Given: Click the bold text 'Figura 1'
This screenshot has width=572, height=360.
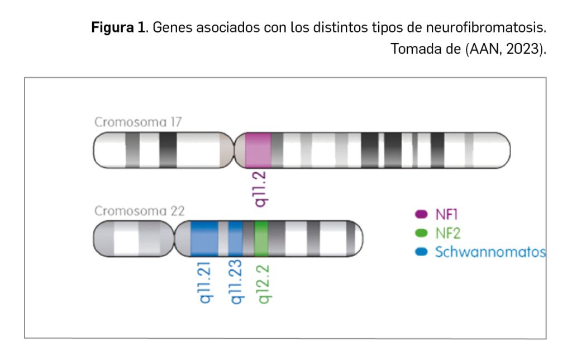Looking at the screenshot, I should pyautogui.click(x=118, y=29).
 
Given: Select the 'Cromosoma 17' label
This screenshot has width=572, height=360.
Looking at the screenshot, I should pyautogui.click(x=138, y=122).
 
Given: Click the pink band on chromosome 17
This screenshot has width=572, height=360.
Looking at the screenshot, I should pyautogui.click(x=258, y=150).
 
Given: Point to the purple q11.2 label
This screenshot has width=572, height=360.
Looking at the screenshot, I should pyautogui.click(x=260, y=189).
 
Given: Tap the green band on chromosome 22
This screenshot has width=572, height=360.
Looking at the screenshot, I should pyautogui.click(x=261, y=239).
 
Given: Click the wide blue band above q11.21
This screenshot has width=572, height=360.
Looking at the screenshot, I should pyautogui.click(x=204, y=239).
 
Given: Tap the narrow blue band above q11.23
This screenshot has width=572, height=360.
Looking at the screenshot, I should pyautogui.click(x=235, y=239).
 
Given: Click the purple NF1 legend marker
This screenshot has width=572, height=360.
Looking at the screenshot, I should pyautogui.click(x=421, y=214).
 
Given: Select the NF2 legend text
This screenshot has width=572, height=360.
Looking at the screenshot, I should pyautogui.click(x=449, y=233).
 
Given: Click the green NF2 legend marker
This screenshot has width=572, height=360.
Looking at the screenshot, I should pyautogui.click(x=421, y=233).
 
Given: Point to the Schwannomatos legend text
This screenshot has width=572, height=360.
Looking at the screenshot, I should pyautogui.click(x=490, y=252).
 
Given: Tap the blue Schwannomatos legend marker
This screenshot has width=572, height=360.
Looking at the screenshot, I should pyautogui.click(x=421, y=252).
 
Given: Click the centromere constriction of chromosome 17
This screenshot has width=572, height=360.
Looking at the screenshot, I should pyautogui.click(x=233, y=150).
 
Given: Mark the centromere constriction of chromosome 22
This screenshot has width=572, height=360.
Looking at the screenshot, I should pyautogui.click(x=173, y=239).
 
